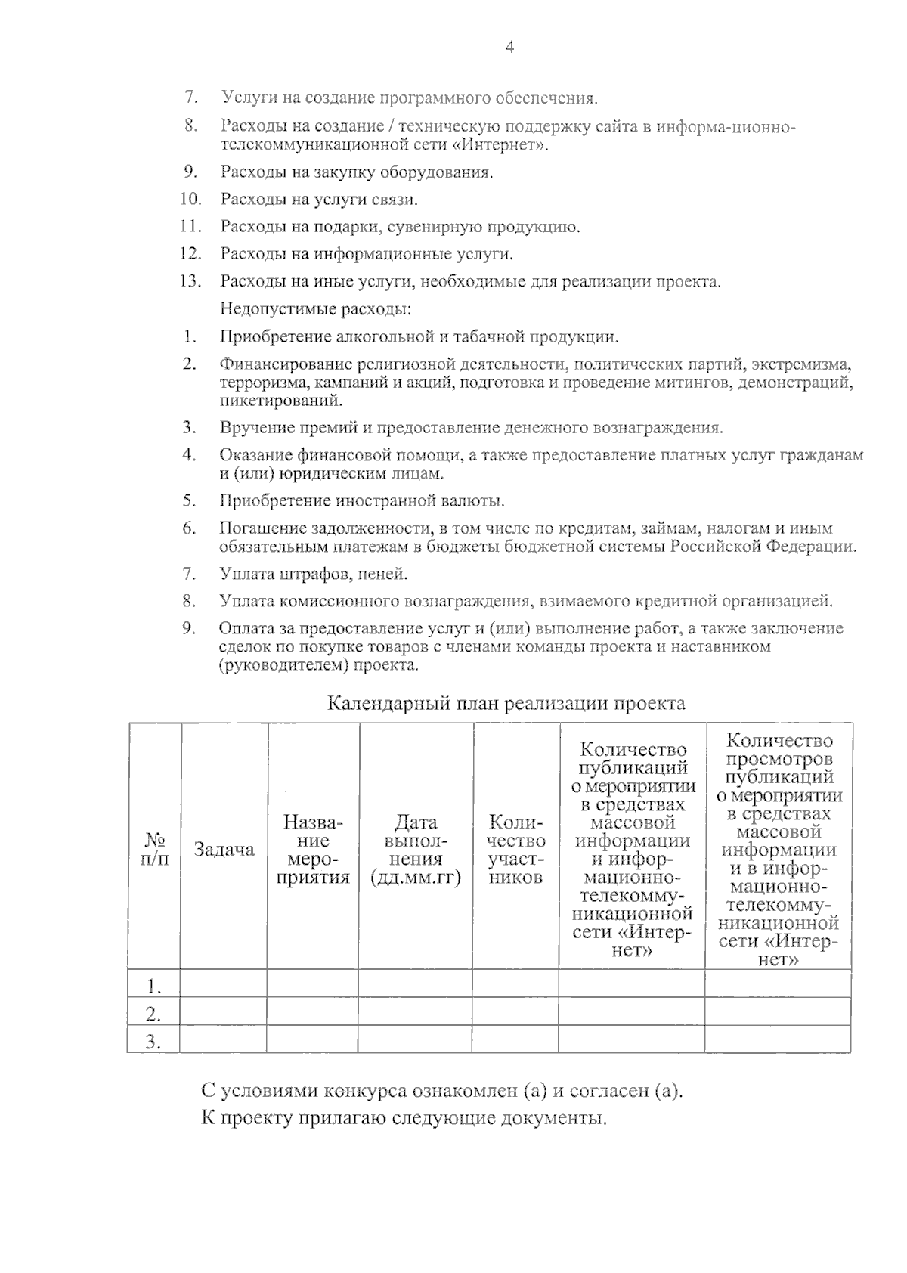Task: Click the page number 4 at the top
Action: pyautogui.click(x=509, y=48)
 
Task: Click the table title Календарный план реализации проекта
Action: pyautogui.click(x=506, y=704)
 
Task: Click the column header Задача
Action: pyautogui.click(x=224, y=849)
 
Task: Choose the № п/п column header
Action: pyautogui.click(x=155, y=849)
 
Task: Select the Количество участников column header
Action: pyautogui.click(x=516, y=849)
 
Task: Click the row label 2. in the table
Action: pyautogui.click(x=154, y=1012)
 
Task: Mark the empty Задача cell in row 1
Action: pyautogui.click(x=224, y=984)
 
